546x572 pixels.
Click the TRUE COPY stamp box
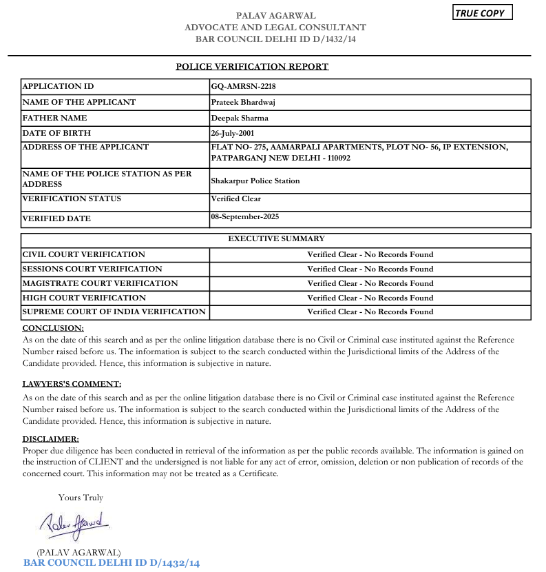coord(482,13)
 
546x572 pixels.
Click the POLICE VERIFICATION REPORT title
coord(252,67)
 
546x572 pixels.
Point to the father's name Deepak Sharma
coord(240,118)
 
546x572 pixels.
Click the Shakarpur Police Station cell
coord(255,181)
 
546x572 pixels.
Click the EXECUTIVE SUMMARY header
coord(276,238)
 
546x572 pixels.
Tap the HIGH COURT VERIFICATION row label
coord(84,298)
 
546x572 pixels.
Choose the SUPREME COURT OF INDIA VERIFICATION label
coord(114,311)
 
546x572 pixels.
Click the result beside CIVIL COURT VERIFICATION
coord(370,254)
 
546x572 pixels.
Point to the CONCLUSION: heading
coord(53,328)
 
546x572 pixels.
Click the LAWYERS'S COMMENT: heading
coord(72,384)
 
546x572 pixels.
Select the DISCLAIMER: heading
coord(50,439)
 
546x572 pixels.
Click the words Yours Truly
coord(81,497)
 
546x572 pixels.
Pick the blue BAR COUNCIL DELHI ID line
coord(112,563)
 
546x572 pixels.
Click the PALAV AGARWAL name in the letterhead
coord(275,15)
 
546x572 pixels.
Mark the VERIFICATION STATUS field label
coord(72,198)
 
